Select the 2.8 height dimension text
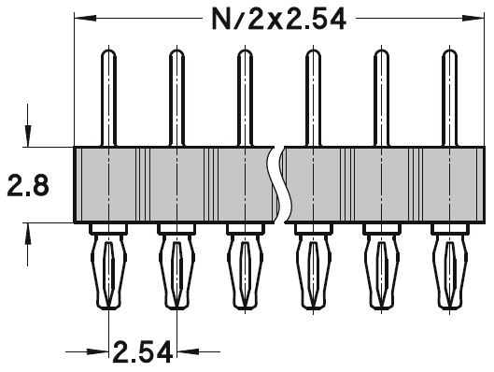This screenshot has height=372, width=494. point(28,185)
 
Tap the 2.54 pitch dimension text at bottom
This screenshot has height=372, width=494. point(144,352)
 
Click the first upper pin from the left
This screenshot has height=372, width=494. point(109,97)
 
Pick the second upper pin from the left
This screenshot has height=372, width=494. point(176,97)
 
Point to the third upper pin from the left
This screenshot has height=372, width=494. point(244,97)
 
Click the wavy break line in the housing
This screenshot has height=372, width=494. point(277,184)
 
